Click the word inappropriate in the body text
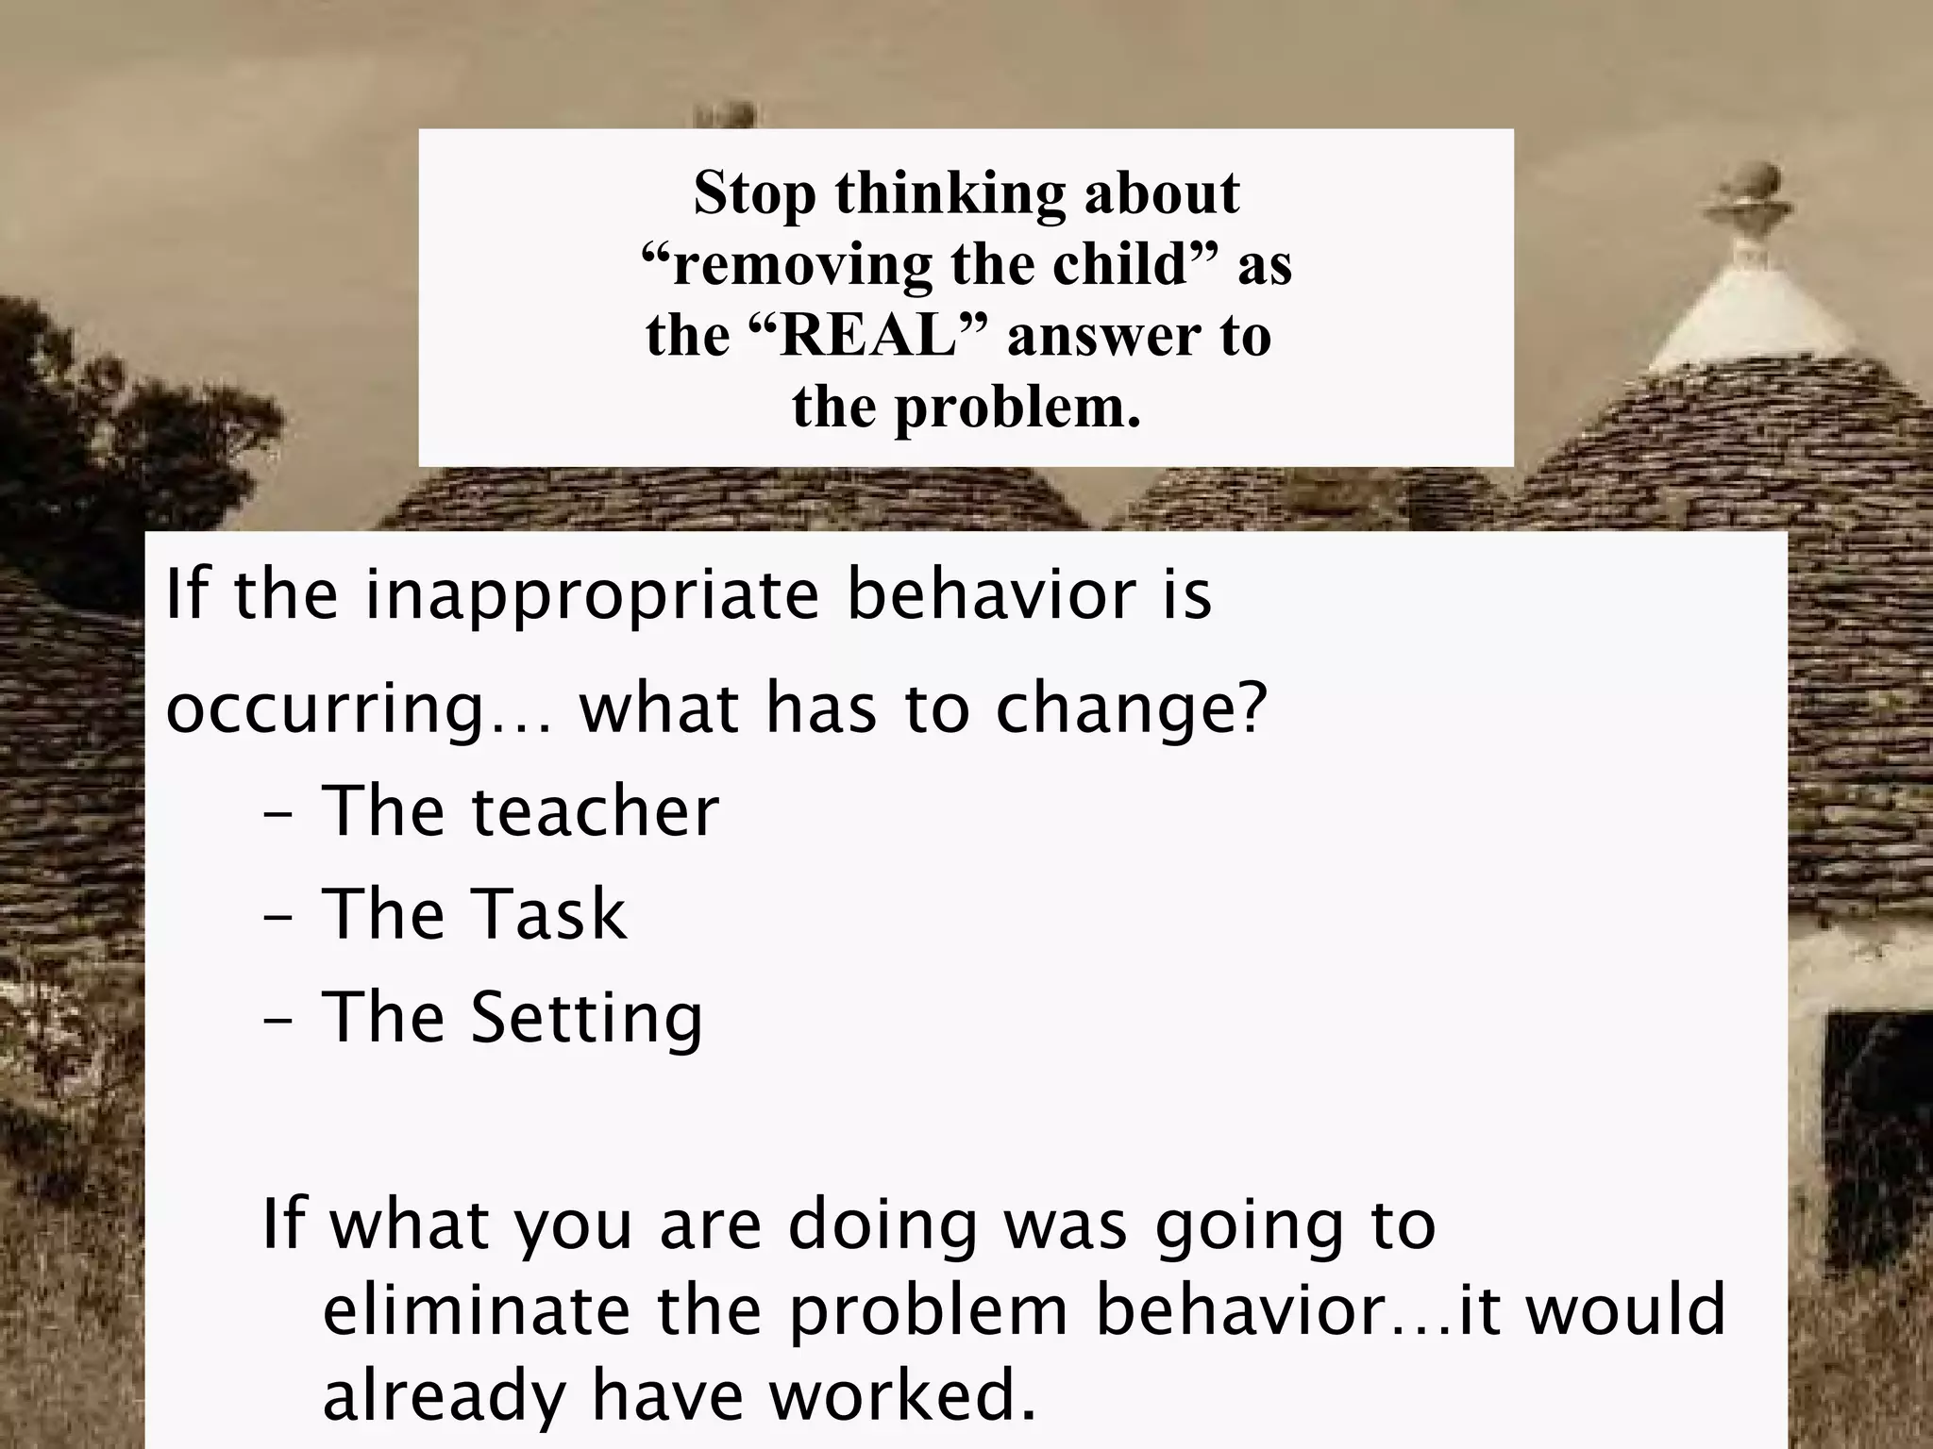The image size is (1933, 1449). click(592, 596)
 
